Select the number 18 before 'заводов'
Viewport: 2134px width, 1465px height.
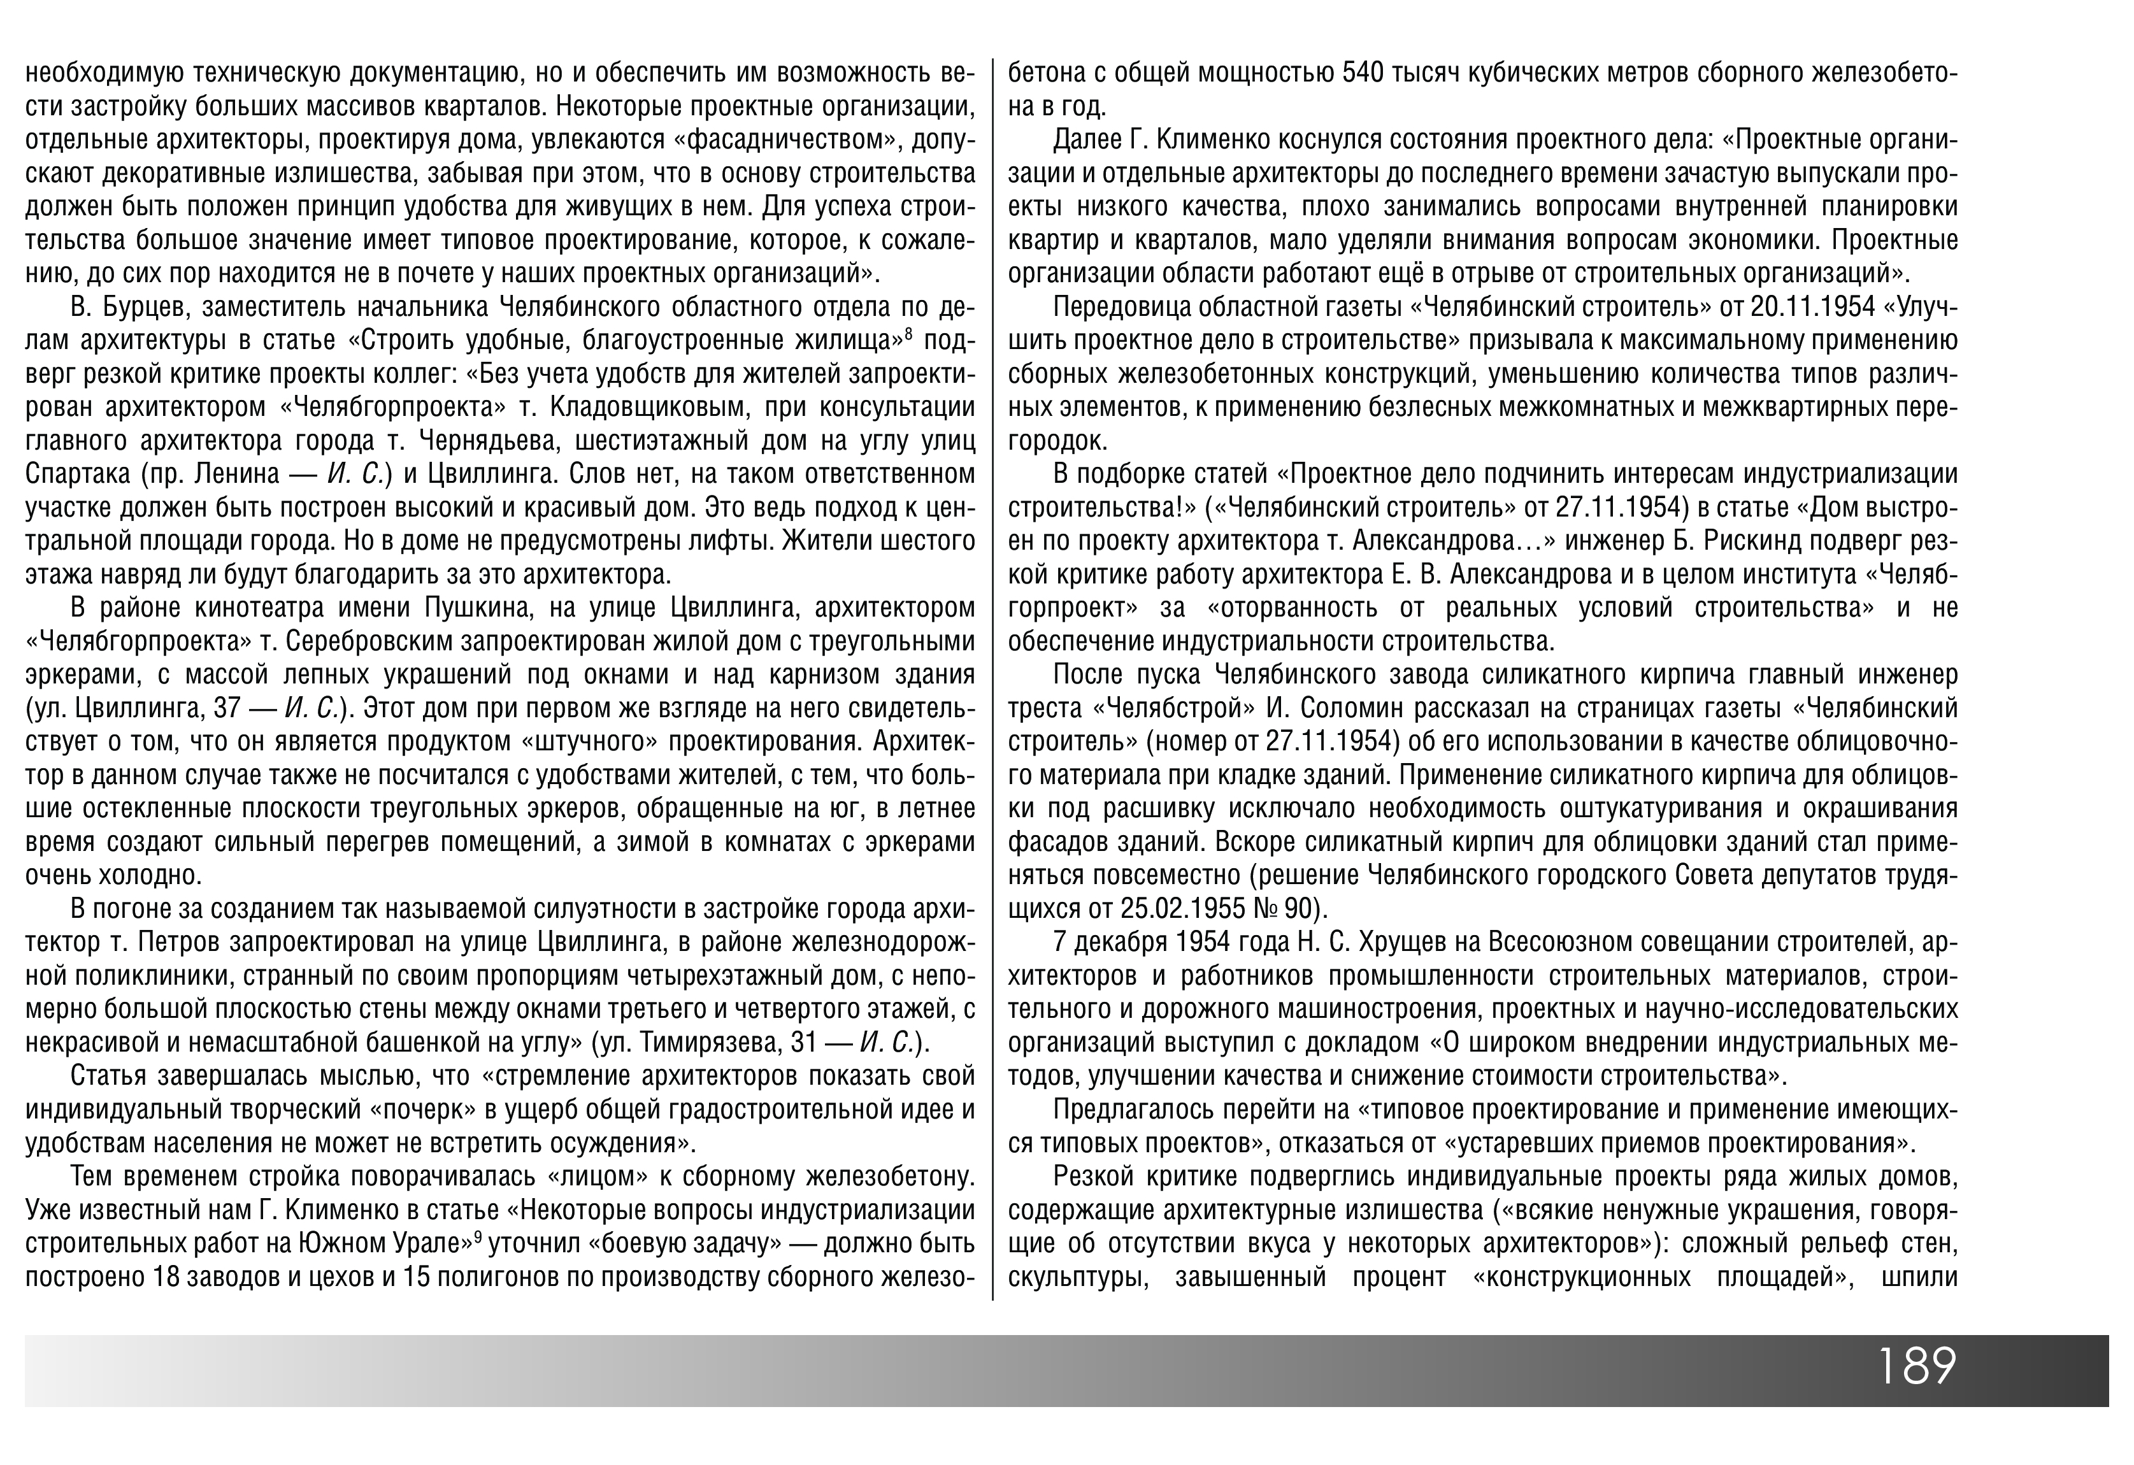[x=168, y=1277]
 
